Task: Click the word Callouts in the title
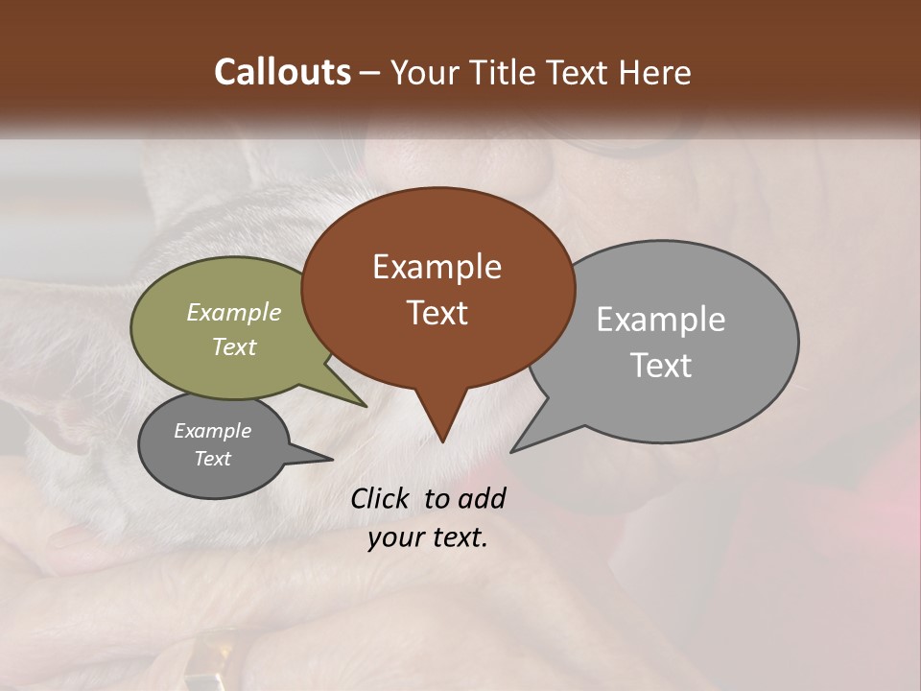[282, 72]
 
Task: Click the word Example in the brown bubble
[437, 267]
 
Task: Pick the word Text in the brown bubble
[437, 312]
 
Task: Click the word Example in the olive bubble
[234, 312]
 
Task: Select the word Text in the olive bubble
[234, 346]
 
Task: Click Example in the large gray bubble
[660, 320]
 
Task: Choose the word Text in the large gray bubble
[660, 365]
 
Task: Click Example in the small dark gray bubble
[212, 431]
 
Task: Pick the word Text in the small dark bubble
[212, 459]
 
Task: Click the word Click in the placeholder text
[381, 498]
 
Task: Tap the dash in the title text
[372, 73]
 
